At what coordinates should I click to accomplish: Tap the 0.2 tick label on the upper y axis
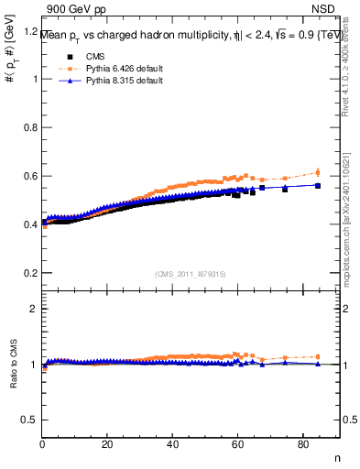[31, 273]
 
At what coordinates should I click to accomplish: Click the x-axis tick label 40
[173, 445]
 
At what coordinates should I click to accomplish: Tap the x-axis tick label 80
[303, 445]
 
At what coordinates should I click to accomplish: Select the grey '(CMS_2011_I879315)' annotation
[191, 273]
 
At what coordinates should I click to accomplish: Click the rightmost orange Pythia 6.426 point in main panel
[318, 172]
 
